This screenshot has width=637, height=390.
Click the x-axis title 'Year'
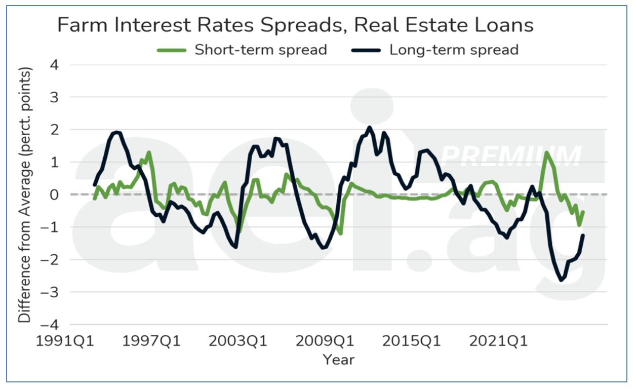(x=338, y=360)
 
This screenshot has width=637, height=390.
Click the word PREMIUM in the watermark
(x=512, y=156)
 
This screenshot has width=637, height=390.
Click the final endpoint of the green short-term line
(x=583, y=212)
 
